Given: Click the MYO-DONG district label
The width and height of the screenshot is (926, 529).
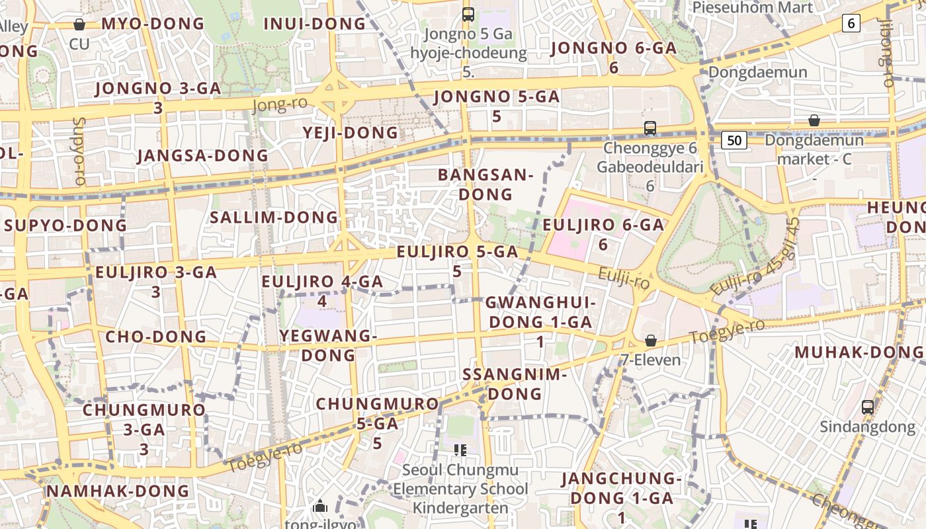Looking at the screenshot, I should pos(153,24).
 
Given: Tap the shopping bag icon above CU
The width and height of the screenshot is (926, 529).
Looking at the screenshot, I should pos(79,25).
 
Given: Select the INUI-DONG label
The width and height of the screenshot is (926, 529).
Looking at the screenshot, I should pos(314,24).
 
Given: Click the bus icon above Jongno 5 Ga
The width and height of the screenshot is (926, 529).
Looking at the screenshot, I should pos(468,14).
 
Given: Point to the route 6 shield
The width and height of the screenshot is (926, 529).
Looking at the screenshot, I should pos(851,24).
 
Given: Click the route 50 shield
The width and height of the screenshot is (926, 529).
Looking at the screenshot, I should pos(734,140).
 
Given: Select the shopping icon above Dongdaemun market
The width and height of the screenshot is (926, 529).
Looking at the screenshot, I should pos(814,120).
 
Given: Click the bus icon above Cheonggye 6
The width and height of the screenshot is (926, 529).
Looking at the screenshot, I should pos(650,128).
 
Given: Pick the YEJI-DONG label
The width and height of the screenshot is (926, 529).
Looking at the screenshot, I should pos(351,133).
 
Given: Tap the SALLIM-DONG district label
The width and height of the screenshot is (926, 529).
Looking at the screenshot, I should pos(274,218).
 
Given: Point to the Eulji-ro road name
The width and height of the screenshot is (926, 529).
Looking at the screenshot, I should pos(624,278).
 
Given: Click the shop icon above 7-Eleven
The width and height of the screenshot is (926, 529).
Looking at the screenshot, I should pos(651,341).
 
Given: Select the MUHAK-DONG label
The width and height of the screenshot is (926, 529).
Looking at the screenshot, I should pos(859,352).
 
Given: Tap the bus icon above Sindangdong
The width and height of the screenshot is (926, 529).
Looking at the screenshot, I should pos(868,407).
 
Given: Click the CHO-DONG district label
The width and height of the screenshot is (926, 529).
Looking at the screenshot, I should pos(156,337).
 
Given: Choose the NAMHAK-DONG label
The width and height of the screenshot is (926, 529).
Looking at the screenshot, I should pos(118,491).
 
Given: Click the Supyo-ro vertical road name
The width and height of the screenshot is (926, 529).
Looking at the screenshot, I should pos(80,151).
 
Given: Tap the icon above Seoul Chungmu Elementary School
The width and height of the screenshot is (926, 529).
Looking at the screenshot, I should pos(460,450).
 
